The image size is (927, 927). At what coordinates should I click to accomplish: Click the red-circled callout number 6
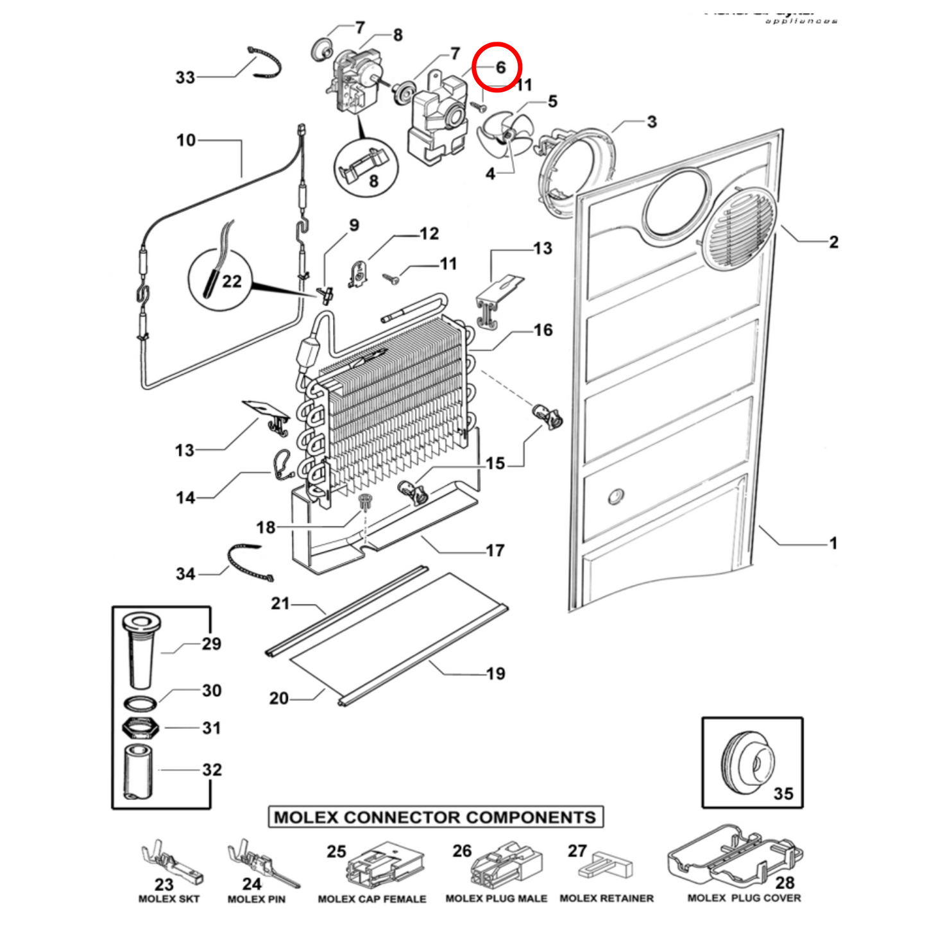coord(500,67)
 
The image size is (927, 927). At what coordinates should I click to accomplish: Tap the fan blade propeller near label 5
coord(505,134)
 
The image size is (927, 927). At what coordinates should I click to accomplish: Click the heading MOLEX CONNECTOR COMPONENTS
coord(435,817)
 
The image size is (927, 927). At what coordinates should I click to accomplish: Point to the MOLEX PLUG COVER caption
coord(744,898)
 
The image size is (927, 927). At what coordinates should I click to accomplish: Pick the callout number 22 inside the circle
coord(232,282)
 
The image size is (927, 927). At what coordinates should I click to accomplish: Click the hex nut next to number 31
coord(139,728)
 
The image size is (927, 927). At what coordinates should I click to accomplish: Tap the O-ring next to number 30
coord(139,702)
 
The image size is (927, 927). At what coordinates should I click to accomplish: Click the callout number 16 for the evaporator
coord(543,330)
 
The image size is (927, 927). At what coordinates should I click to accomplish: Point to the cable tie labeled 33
coord(265,63)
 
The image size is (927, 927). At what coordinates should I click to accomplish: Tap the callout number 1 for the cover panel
coord(833,543)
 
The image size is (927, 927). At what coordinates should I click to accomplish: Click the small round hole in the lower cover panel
coord(615,496)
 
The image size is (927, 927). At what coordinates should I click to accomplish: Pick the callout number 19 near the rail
coord(495,674)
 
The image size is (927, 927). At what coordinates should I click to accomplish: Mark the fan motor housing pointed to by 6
coord(438,122)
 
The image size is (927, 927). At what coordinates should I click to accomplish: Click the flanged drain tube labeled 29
coord(140,648)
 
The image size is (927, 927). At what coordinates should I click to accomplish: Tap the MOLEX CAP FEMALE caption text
coord(371,899)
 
